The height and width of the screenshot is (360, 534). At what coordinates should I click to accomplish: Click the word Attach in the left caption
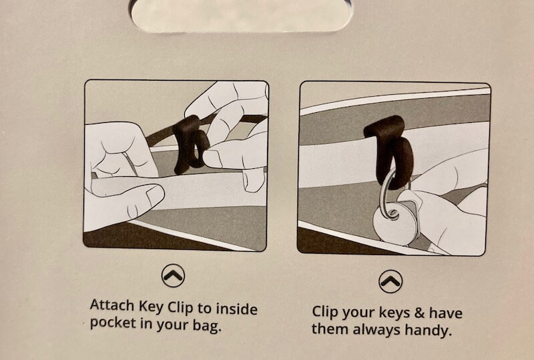click(112, 305)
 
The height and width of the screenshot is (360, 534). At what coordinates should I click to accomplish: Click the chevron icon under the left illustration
click(173, 275)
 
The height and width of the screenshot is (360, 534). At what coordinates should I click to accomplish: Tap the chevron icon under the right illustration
click(390, 281)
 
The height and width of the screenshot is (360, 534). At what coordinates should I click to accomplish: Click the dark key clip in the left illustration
click(190, 143)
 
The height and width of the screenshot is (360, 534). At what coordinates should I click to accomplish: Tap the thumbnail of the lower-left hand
click(156, 194)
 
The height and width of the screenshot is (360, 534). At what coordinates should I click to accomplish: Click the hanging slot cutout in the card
click(240, 15)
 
